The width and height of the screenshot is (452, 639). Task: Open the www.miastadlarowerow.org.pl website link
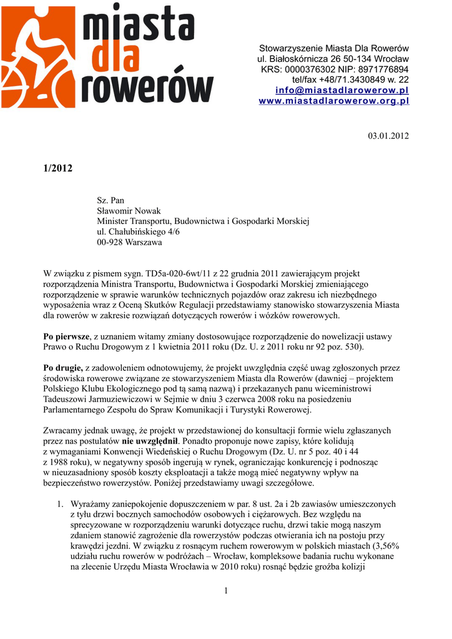[333, 101]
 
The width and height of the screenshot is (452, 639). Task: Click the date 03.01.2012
[387, 135]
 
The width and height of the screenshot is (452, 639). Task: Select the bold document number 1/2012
[58, 168]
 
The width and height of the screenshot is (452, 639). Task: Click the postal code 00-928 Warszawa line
[129, 241]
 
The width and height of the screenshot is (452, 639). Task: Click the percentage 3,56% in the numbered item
[385, 545]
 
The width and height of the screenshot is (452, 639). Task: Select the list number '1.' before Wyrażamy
[59, 503]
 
